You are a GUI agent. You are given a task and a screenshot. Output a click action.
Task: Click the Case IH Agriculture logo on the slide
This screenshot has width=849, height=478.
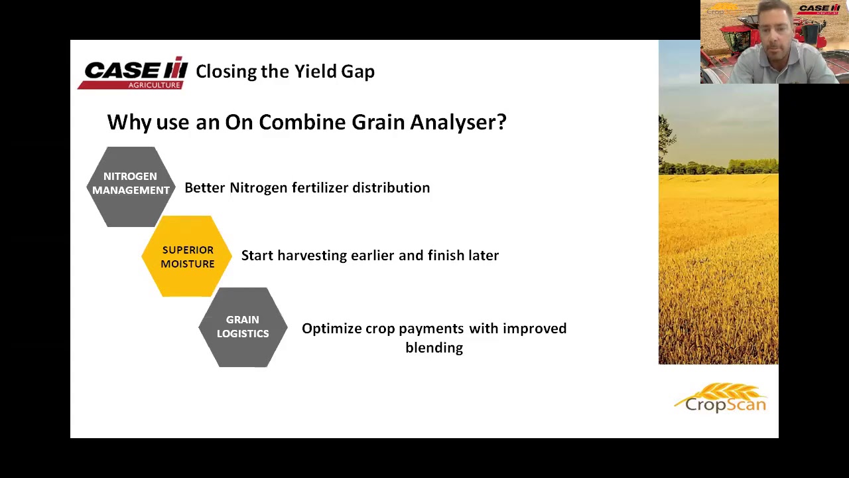coord(133,73)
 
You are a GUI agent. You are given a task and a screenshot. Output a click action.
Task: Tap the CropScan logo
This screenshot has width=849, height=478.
coord(721,398)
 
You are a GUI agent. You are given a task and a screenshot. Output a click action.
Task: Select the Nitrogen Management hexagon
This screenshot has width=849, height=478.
coord(131,186)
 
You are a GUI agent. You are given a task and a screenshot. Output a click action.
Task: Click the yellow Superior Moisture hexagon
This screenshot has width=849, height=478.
coord(187,256)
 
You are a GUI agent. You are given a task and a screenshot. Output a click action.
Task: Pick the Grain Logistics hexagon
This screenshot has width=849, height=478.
coord(243,327)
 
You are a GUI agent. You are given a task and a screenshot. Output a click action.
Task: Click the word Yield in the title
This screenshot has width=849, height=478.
coord(316,72)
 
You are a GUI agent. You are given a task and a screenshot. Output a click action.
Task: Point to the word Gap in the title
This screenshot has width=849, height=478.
coord(358,72)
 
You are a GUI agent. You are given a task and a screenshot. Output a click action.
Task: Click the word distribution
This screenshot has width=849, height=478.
coord(391,188)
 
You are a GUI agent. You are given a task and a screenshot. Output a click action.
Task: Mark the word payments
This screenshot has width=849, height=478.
coord(431,329)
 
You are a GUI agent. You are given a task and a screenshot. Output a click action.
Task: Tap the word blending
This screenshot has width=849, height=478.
coord(434,348)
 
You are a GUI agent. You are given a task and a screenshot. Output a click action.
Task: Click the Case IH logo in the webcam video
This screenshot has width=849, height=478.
coord(819,9)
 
